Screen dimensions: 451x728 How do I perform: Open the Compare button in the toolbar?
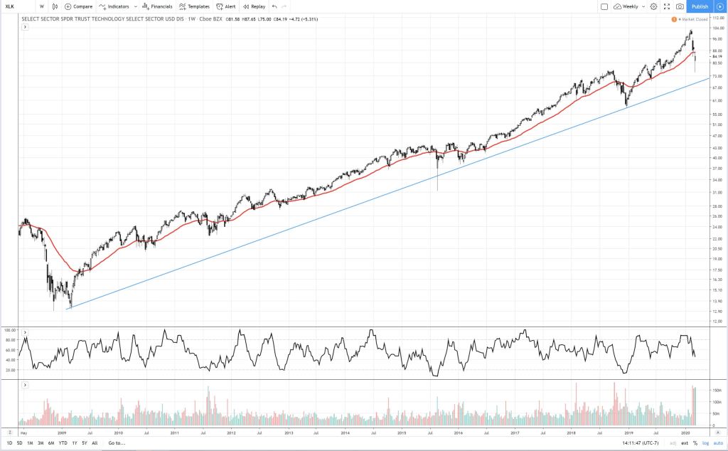click(x=78, y=6)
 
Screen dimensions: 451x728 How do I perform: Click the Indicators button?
click(x=114, y=6)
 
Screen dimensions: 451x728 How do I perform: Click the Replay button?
click(x=254, y=6)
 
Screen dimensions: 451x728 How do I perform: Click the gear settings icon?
click(x=653, y=6)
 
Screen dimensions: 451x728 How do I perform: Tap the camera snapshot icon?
click(x=680, y=6)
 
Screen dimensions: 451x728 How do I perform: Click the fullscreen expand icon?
click(x=666, y=6)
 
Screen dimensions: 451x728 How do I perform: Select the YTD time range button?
click(x=63, y=443)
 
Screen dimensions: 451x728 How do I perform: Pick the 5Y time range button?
click(x=84, y=443)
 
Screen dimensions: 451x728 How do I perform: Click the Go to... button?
click(x=117, y=443)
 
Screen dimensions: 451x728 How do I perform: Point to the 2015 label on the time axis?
click(x=402, y=432)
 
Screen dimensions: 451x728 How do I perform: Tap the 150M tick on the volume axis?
click(x=717, y=391)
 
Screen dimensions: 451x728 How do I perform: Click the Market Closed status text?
click(x=696, y=18)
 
